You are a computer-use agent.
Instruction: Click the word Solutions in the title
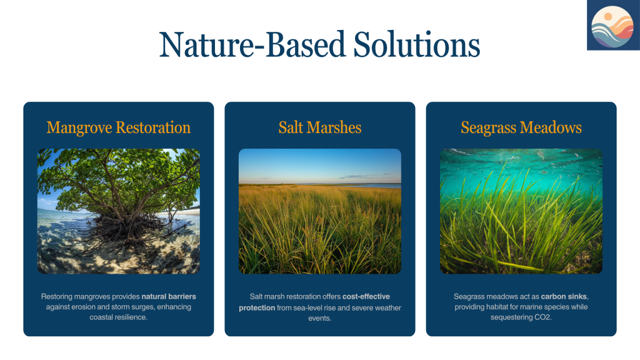(x=417, y=44)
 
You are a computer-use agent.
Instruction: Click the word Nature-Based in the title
(x=252, y=44)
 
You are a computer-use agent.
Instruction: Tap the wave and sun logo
(x=613, y=25)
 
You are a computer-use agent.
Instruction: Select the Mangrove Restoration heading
(x=118, y=127)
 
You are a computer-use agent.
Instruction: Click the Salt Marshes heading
(x=320, y=127)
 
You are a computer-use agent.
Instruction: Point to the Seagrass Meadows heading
(x=521, y=127)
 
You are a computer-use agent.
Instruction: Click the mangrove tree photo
(x=119, y=211)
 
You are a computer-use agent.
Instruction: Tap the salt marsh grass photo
(x=320, y=211)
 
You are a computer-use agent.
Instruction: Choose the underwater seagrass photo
(x=521, y=211)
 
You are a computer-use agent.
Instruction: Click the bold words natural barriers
(x=169, y=297)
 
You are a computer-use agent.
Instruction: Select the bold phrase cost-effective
(x=366, y=297)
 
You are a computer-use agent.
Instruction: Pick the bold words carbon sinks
(x=564, y=297)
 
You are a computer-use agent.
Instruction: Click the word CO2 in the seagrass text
(x=542, y=317)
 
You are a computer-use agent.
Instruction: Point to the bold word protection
(x=257, y=307)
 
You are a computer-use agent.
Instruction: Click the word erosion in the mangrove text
(x=85, y=307)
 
